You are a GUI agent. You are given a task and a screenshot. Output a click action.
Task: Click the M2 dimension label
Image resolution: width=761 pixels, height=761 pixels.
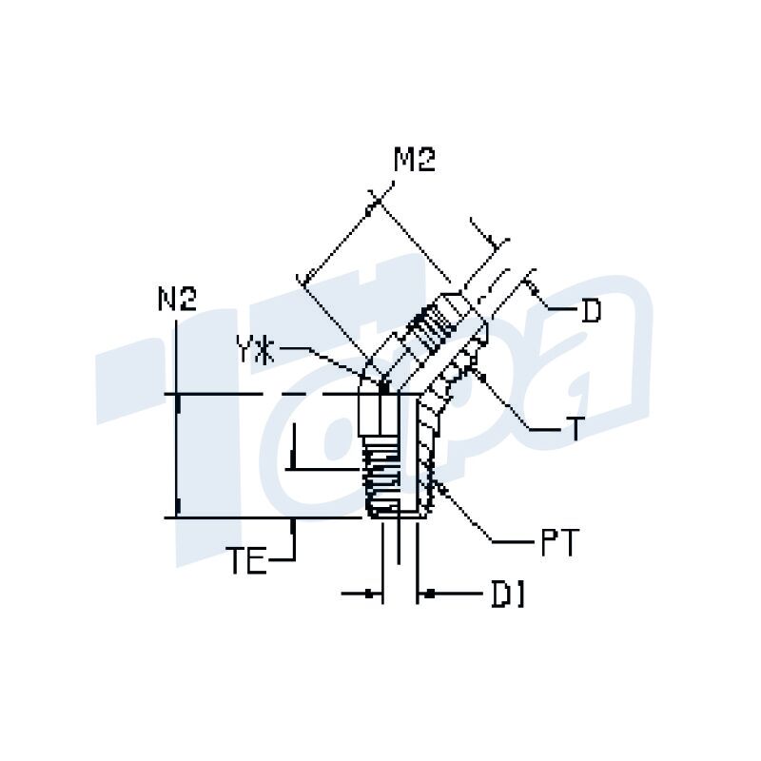pyautogui.click(x=414, y=161)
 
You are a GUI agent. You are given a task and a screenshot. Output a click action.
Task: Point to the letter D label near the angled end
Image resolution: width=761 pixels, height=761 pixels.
pyautogui.click(x=591, y=310)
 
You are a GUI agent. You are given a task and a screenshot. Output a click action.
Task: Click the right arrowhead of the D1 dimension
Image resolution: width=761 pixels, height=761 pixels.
pyautogui.click(x=425, y=595)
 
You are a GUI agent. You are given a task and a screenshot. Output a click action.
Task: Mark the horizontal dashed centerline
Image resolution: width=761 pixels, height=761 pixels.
pyautogui.click(x=285, y=394)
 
